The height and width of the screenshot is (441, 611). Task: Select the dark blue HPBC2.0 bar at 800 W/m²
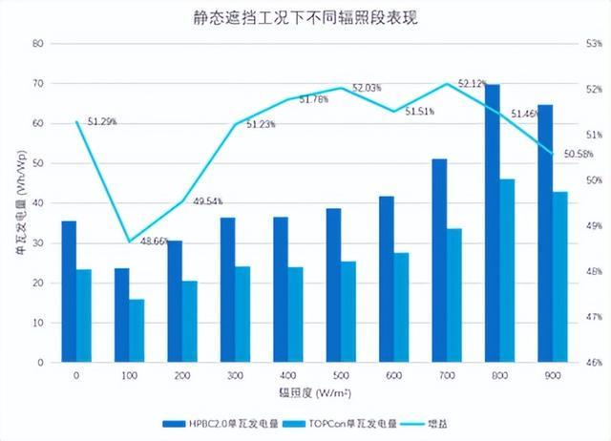[x=493, y=224]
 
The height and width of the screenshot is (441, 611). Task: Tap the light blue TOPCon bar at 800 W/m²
[x=508, y=271]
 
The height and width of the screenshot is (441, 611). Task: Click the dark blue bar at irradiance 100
[x=121, y=316]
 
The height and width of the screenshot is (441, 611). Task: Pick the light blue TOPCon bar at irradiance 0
[x=84, y=316]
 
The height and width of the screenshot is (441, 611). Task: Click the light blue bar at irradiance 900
[x=560, y=277]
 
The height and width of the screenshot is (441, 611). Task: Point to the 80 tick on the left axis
[x=38, y=44]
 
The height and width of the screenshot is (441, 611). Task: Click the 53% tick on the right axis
[x=595, y=44]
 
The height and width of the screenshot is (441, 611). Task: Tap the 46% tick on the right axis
[x=595, y=363]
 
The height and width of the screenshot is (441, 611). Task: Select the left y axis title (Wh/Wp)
[x=20, y=203]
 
